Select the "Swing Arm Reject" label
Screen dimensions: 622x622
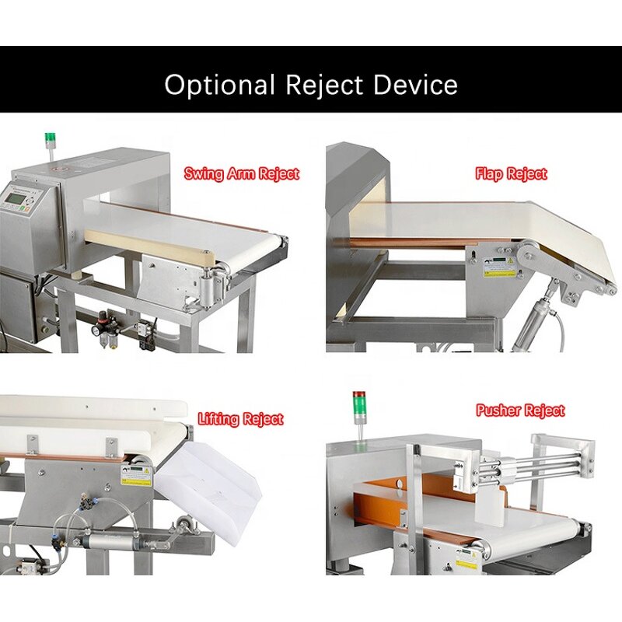[x=241, y=173]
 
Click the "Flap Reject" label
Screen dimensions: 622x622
[x=511, y=174]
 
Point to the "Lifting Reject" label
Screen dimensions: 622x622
[x=240, y=419]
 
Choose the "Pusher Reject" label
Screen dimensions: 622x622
[x=520, y=410]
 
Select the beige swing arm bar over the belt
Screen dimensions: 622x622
[x=148, y=245]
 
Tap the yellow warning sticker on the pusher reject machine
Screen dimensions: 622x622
[x=467, y=562]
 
